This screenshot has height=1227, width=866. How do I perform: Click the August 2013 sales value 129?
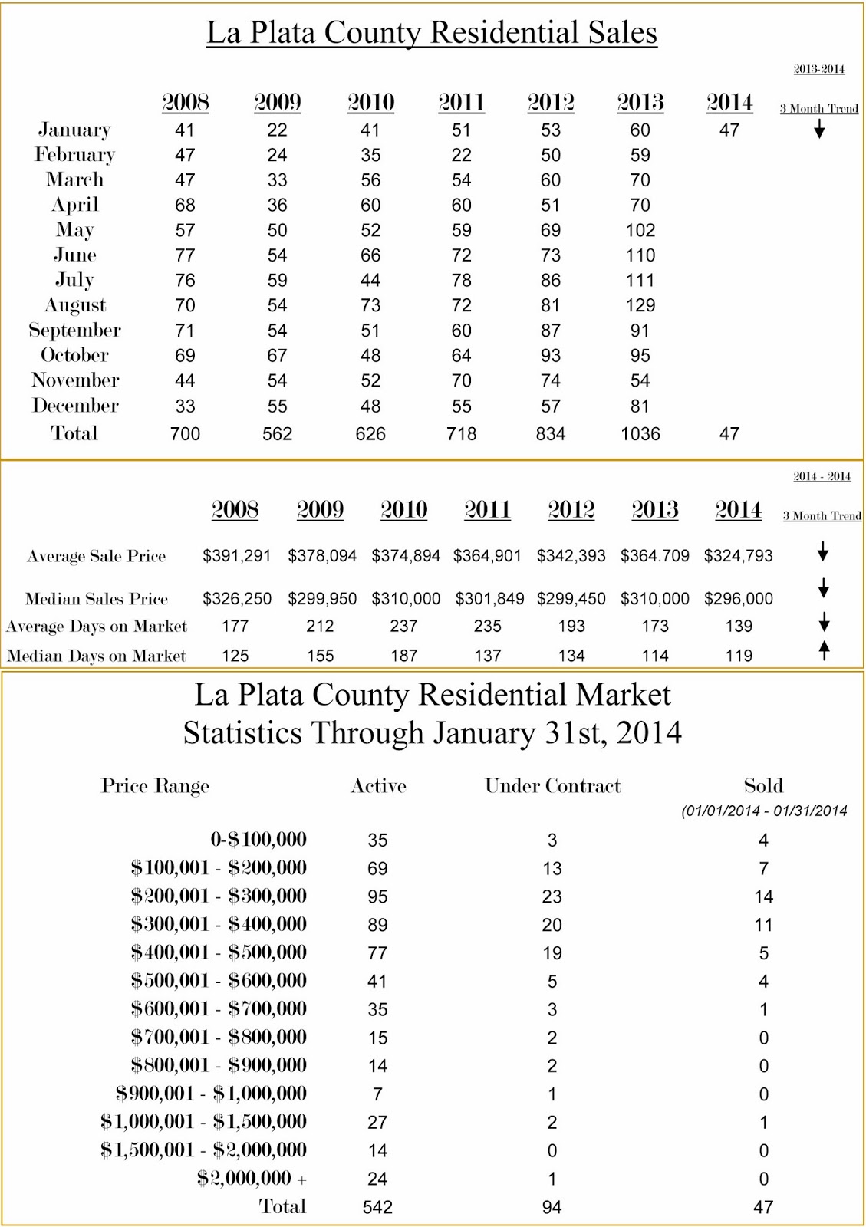point(640,305)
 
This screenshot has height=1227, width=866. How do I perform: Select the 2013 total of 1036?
point(640,434)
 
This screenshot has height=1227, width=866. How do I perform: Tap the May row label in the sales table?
point(74,230)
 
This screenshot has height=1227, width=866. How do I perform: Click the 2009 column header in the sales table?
point(277,102)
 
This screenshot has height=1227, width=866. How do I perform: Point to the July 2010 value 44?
point(370,280)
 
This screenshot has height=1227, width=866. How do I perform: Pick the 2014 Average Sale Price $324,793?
point(738,555)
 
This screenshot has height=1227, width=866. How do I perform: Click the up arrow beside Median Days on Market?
point(824,651)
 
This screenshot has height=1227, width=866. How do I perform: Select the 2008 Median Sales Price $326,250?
point(237,598)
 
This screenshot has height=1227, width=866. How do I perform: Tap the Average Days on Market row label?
point(96,627)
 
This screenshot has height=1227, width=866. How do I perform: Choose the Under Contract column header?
point(552,785)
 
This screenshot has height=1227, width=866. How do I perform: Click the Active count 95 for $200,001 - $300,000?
point(377,896)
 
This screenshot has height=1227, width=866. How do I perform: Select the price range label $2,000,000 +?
point(252,1178)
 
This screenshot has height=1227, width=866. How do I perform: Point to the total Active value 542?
point(377,1207)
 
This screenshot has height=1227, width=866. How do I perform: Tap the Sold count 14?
point(763,896)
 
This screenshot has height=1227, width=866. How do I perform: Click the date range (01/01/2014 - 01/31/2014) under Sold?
point(764,811)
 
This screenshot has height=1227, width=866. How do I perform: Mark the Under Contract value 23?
point(552,896)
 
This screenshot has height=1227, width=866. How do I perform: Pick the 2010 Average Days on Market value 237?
point(403,627)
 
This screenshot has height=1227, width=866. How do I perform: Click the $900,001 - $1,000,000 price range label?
point(211,1094)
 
